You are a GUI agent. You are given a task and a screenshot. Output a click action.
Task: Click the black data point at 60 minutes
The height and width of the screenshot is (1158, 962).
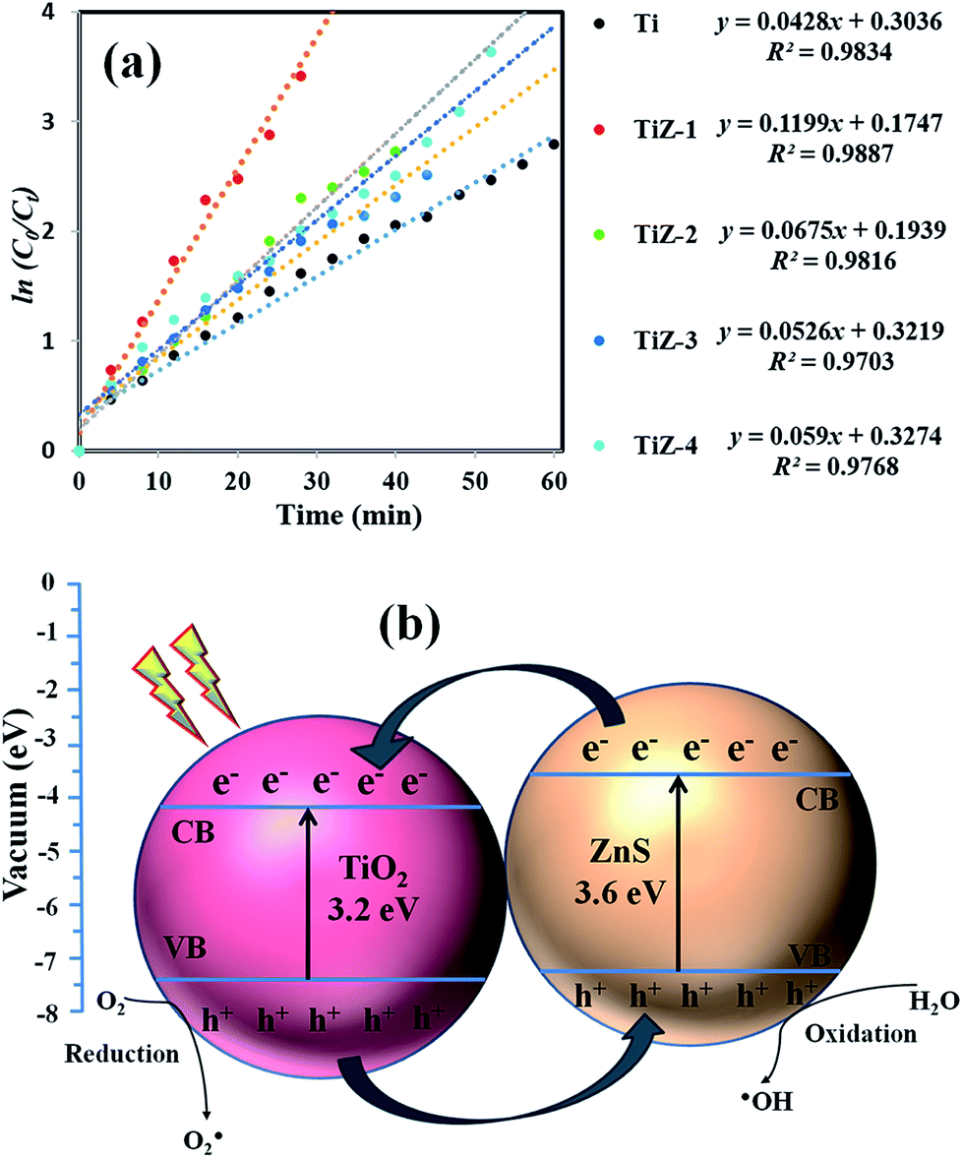554,145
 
